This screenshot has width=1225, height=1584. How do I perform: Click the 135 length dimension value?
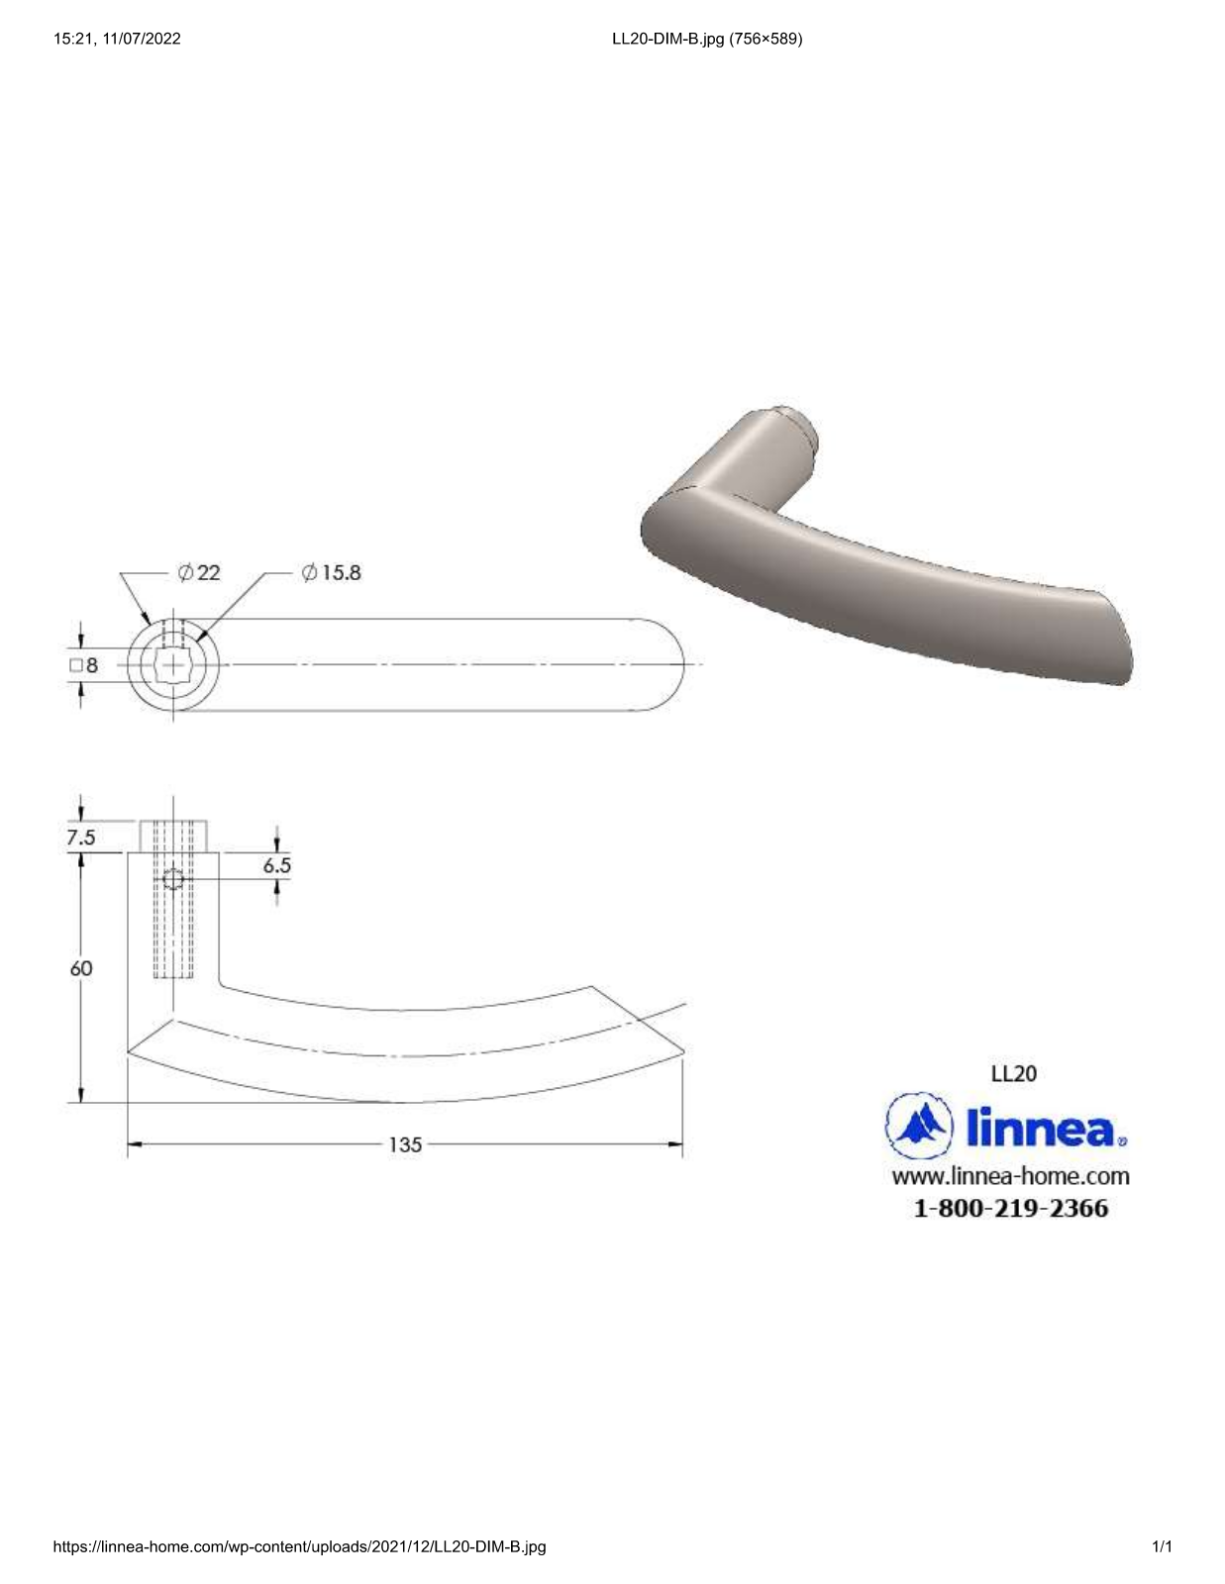(x=405, y=1144)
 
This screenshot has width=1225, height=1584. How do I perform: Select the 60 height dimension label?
(x=81, y=968)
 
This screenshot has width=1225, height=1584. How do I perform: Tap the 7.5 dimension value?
(x=81, y=838)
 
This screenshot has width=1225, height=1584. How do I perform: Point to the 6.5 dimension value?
(x=277, y=865)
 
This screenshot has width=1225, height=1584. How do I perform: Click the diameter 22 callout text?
(x=199, y=573)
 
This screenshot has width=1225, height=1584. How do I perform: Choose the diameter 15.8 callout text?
(x=331, y=573)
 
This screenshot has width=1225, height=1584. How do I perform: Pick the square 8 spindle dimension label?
(x=83, y=665)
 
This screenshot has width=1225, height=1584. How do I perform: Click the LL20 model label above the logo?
(x=1013, y=1073)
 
